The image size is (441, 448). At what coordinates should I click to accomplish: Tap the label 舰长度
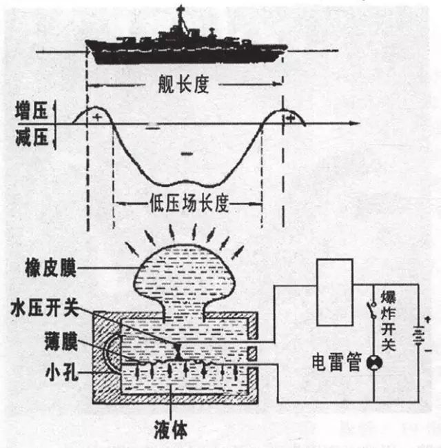[x=184, y=84]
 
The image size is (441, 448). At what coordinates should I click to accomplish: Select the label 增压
[x=32, y=110]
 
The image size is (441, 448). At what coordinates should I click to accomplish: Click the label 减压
[x=32, y=137]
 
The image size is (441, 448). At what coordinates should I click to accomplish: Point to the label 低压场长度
[x=189, y=204]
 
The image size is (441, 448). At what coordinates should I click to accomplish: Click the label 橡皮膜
[x=51, y=267]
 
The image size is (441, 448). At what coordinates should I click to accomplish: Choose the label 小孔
[x=62, y=371]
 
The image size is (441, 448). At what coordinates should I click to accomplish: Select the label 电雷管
[x=337, y=362]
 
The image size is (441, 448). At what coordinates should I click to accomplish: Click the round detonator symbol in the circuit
[x=374, y=363]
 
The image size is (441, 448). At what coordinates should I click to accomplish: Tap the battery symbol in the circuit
[x=419, y=334]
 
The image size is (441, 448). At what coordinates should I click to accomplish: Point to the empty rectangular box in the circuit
[x=336, y=292]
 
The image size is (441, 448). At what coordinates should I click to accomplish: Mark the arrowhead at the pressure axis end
[x=356, y=123]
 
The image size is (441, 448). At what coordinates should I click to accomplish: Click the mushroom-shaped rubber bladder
[x=184, y=274]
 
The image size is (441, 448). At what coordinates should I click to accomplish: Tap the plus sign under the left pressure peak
[x=98, y=117]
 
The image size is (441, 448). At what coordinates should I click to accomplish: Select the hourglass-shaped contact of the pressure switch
[x=178, y=351]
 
